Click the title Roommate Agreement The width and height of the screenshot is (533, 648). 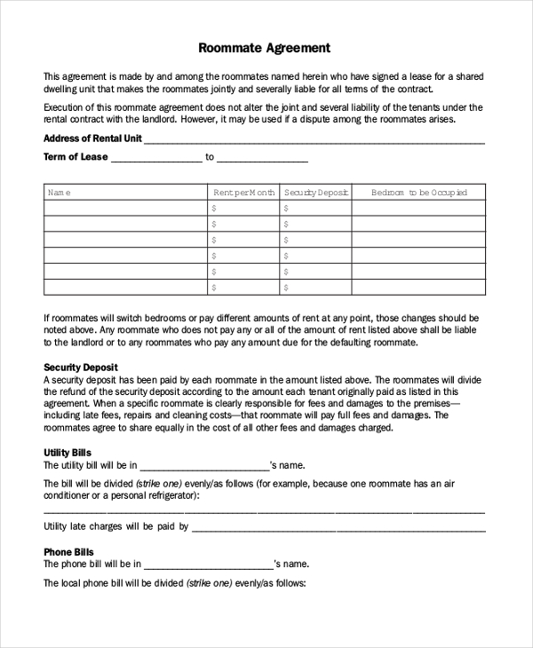coord(264,48)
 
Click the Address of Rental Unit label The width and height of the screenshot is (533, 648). coord(92,138)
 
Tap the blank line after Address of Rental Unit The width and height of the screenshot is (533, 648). coord(314,140)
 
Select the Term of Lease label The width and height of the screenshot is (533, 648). coord(76,157)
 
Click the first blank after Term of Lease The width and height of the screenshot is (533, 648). coord(156,159)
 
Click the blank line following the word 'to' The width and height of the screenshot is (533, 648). coord(262,159)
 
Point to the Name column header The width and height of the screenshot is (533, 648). coord(59,193)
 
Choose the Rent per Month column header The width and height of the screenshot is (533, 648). coord(243,193)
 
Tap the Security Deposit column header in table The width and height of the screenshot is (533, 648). coord(315,193)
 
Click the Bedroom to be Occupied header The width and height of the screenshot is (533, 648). coord(418,193)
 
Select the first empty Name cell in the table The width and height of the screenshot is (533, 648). coord(125,209)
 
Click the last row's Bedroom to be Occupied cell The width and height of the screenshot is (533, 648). coord(418,287)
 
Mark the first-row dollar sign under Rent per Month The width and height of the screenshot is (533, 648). coord(214,209)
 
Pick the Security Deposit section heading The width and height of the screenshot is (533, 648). coord(81,367)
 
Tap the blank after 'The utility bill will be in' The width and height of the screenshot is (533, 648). coord(204,466)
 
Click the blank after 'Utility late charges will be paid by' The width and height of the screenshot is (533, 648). coord(338,527)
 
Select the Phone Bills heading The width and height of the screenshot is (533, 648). coord(68,551)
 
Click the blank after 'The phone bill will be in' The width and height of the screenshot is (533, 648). coord(208,565)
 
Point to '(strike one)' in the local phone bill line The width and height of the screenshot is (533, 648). coord(210,583)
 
